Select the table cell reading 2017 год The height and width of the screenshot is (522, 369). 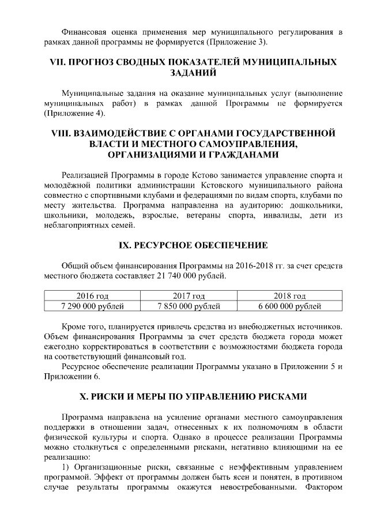point(184,295)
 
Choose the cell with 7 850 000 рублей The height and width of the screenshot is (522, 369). point(184,305)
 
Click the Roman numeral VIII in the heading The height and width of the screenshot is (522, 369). point(63,133)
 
